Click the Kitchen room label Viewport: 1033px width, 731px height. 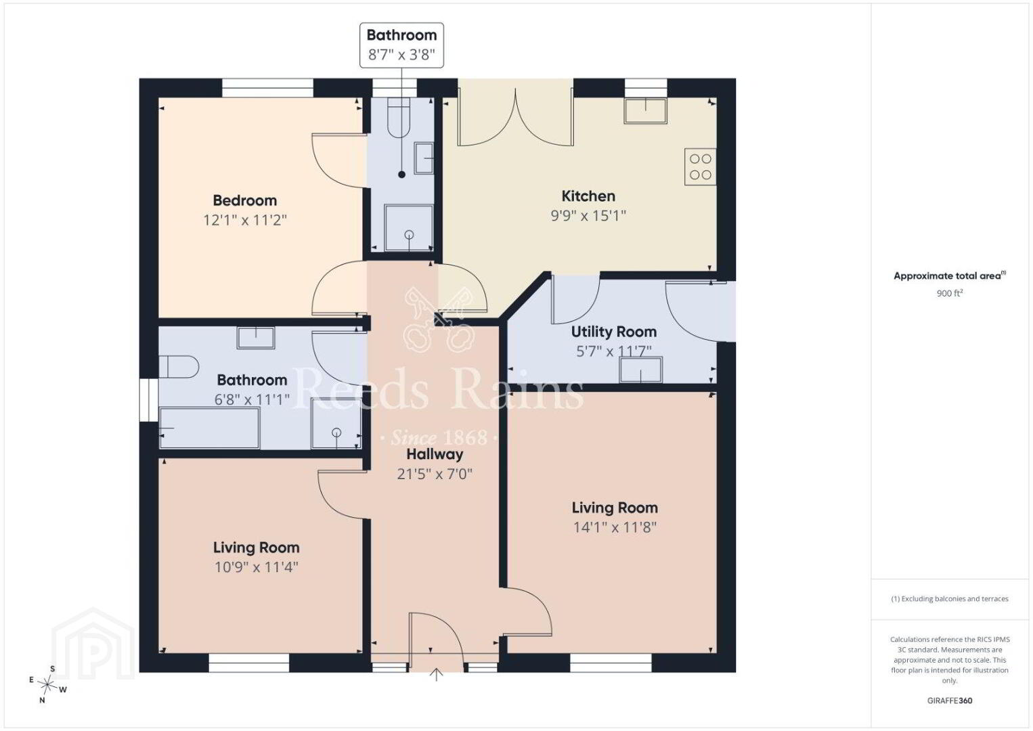coord(588,196)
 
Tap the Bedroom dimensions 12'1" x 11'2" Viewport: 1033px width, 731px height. coord(245,220)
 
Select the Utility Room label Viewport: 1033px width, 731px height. coord(614,332)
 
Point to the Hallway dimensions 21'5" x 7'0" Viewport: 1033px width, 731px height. coord(435,474)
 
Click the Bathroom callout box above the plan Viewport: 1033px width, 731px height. coord(401,45)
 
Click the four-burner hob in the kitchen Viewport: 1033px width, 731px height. coord(700,167)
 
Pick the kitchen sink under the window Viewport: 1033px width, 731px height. coord(645,111)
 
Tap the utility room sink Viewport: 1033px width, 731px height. coord(640,370)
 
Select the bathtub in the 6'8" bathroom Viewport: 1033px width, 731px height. coord(209,428)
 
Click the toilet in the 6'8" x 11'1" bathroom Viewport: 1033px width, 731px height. coord(179,367)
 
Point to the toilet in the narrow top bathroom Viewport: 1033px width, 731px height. coord(399,117)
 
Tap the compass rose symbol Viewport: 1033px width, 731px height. coord(47,684)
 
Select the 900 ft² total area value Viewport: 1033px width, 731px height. coord(950,293)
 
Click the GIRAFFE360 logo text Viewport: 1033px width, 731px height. coord(950,701)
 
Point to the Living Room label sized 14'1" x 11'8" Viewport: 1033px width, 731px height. coord(615,508)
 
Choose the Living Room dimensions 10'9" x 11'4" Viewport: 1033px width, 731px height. coord(257,567)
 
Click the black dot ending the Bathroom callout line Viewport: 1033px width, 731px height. coord(401,175)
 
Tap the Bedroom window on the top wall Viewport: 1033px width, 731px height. coord(267,87)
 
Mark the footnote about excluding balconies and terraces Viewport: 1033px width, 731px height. coord(950,598)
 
